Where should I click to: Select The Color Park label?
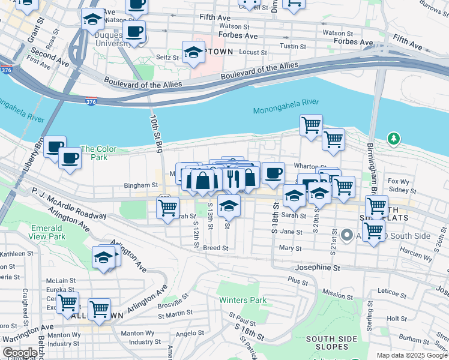(x=94, y=153)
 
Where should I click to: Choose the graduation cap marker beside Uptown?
(x=193, y=53)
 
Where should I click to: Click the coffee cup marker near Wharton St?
(x=273, y=173)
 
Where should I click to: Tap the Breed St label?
(x=215, y=247)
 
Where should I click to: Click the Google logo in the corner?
(x=20, y=353)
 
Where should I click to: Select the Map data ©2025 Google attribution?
(x=411, y=355)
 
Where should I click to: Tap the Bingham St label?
(x=140, y=187)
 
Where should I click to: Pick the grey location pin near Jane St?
(x=346, y=235)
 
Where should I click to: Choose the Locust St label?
(x=253, y=53)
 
